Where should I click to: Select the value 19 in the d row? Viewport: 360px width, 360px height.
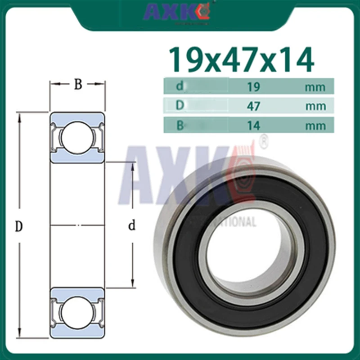[254, 86]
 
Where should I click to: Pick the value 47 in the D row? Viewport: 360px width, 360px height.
[254, 106]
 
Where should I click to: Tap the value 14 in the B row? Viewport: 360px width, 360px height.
[254, 126]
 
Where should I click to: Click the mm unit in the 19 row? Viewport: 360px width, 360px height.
[315, 87]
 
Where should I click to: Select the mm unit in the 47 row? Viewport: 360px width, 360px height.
[315, 106]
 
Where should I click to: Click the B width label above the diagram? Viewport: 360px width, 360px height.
[78, 85]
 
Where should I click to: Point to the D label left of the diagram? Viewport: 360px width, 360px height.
[18, 227]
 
